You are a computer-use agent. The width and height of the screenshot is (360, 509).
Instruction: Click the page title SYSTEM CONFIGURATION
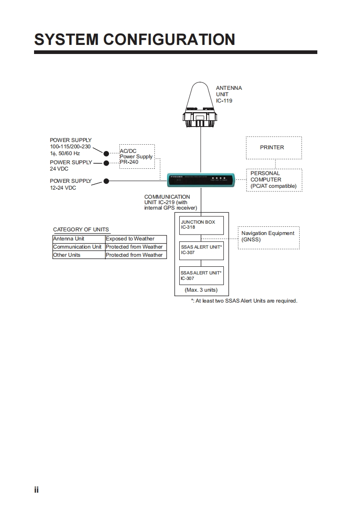134,39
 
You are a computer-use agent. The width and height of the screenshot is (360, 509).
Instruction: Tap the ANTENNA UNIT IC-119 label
229,94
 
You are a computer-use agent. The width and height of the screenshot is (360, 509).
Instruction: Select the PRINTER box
273,147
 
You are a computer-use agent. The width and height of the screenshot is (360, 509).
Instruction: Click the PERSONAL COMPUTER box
274,180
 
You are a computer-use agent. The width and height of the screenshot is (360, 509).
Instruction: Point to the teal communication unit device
201,180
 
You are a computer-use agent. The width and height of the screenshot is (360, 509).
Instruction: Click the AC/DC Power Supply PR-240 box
137,157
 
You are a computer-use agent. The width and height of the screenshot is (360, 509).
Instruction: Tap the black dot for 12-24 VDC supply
106,181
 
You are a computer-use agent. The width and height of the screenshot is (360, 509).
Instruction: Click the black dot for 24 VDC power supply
106,163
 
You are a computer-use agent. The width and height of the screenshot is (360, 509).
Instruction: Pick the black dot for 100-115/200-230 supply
106,154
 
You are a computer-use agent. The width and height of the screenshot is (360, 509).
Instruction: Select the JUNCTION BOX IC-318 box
202,225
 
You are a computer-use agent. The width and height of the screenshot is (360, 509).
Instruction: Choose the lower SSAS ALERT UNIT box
202,275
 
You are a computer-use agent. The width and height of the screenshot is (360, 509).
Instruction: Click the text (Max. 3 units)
201,290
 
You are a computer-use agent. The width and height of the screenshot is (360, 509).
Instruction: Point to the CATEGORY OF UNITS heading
81,230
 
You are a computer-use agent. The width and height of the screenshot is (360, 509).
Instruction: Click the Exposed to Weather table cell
136,239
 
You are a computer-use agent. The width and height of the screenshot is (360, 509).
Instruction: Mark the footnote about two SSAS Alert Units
244,301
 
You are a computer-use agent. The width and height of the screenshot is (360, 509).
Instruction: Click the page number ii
36,490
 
